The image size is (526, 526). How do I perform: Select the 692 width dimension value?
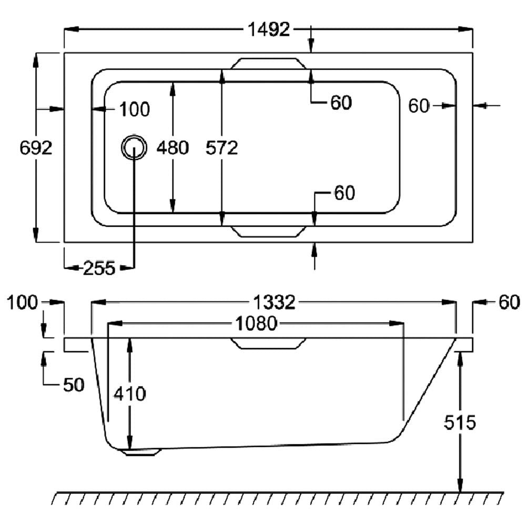point(36,148)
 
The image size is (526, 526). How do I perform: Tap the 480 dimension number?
point(173,148)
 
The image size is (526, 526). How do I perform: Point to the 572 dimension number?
point(222,148)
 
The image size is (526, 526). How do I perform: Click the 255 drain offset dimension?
point(99,268)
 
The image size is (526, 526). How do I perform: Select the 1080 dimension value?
point(255,323)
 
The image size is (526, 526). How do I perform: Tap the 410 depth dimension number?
point(129,393)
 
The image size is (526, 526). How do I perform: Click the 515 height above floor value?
point(460,422)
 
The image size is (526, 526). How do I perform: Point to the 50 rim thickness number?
point(74,385)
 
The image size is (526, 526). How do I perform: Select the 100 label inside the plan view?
point(135,110)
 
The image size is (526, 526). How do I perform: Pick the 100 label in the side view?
point(24,302)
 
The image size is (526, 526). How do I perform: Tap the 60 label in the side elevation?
point(509,302)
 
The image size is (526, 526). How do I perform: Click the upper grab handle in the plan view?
point(269,63)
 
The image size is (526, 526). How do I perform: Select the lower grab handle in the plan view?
point(269,231)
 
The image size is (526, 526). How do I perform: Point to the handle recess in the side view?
point(269,343)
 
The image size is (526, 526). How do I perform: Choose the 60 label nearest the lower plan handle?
point(345,194)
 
